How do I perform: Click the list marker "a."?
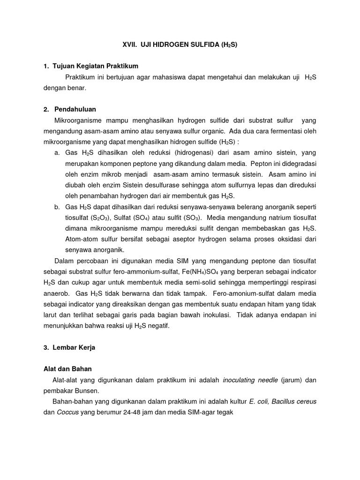57,153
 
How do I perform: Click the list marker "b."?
57,207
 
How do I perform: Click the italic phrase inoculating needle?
250,380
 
